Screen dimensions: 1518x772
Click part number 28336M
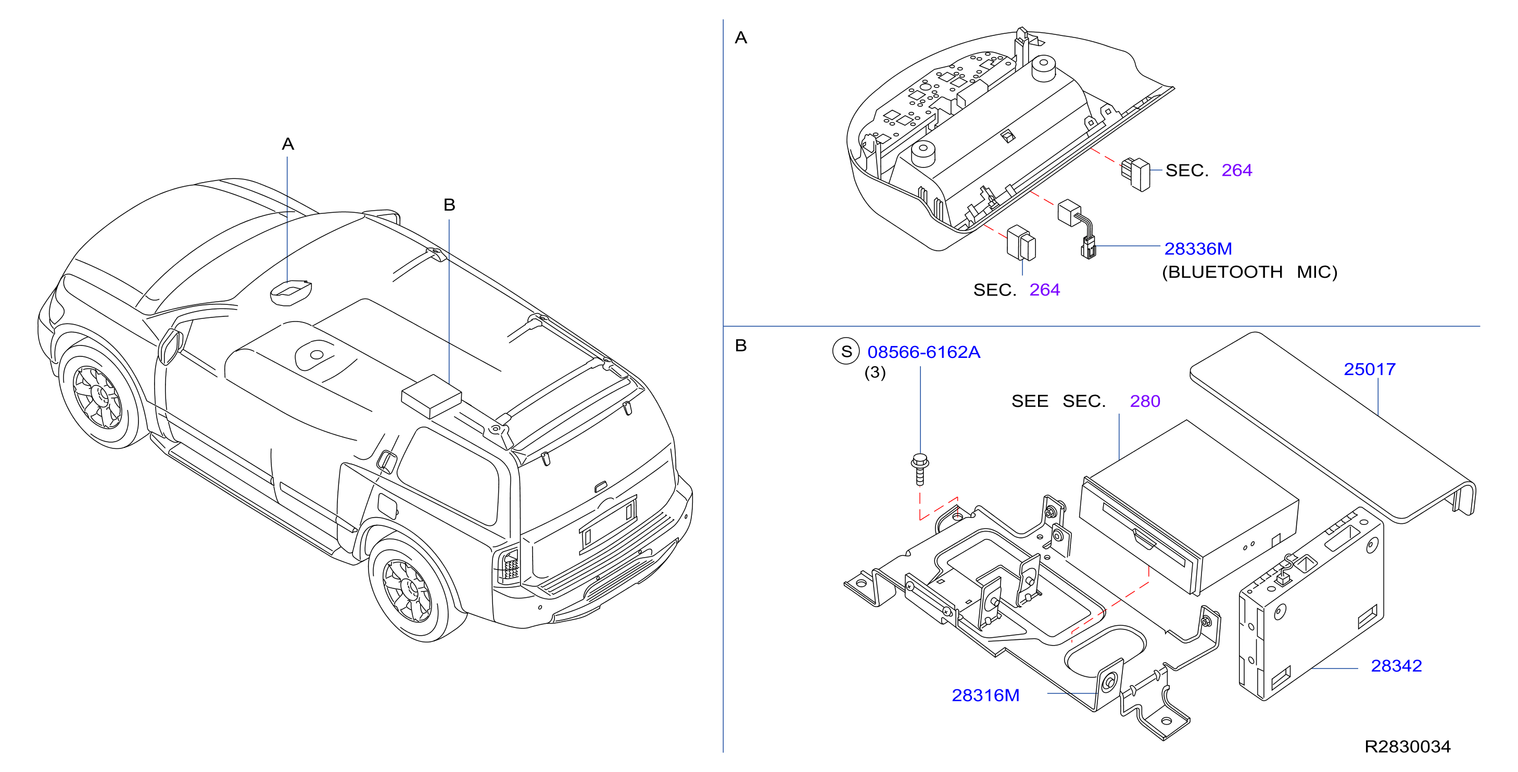[1197, 249]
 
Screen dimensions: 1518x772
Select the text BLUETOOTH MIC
[1249, 272]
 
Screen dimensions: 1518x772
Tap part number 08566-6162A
[924, 352]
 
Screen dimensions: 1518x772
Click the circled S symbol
[845, 352]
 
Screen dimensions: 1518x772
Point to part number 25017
[1370, 369]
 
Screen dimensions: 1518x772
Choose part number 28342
[1396, 665]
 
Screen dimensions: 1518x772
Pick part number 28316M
[985, 696]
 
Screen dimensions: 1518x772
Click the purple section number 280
[1144, 401]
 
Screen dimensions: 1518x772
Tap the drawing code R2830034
[1407, 747]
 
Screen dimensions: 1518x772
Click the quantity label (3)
[875, 373]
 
